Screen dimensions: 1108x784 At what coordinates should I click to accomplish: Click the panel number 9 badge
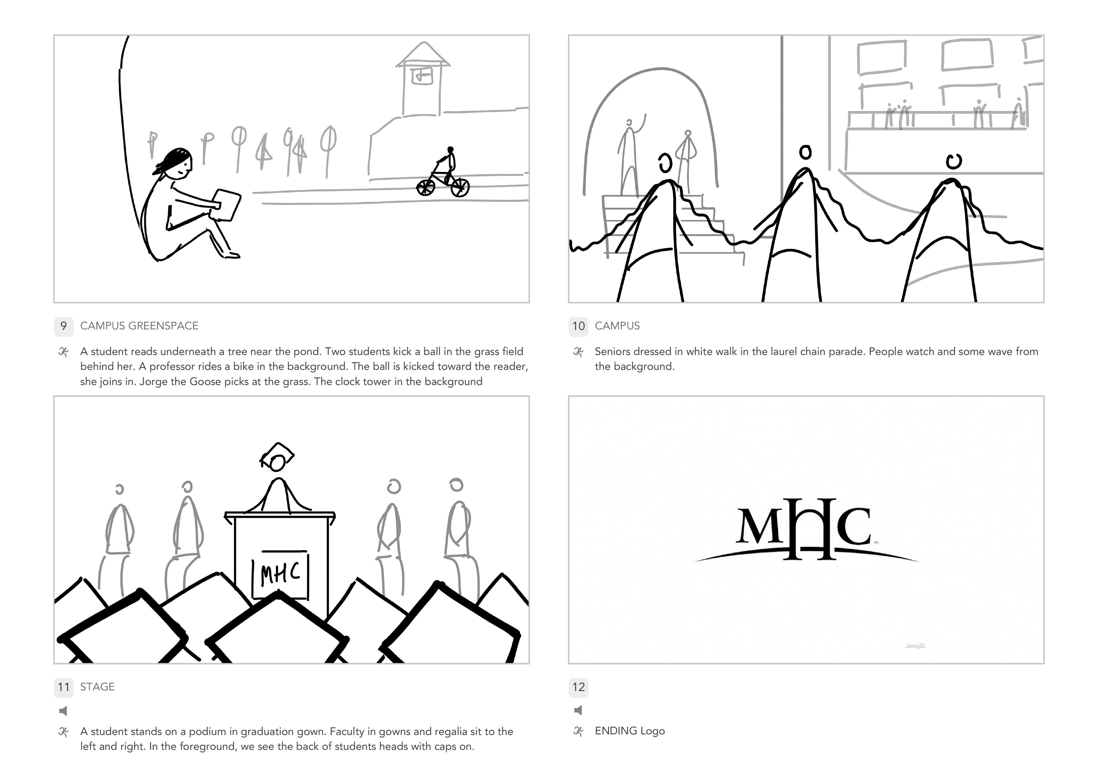(63, 326)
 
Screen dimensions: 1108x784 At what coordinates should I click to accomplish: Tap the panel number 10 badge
(578, 326)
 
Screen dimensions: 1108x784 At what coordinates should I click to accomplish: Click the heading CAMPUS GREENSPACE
(139, 326)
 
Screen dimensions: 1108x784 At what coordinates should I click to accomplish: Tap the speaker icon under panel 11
(63, 711)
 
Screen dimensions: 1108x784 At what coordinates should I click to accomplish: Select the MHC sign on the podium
(280, 574)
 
